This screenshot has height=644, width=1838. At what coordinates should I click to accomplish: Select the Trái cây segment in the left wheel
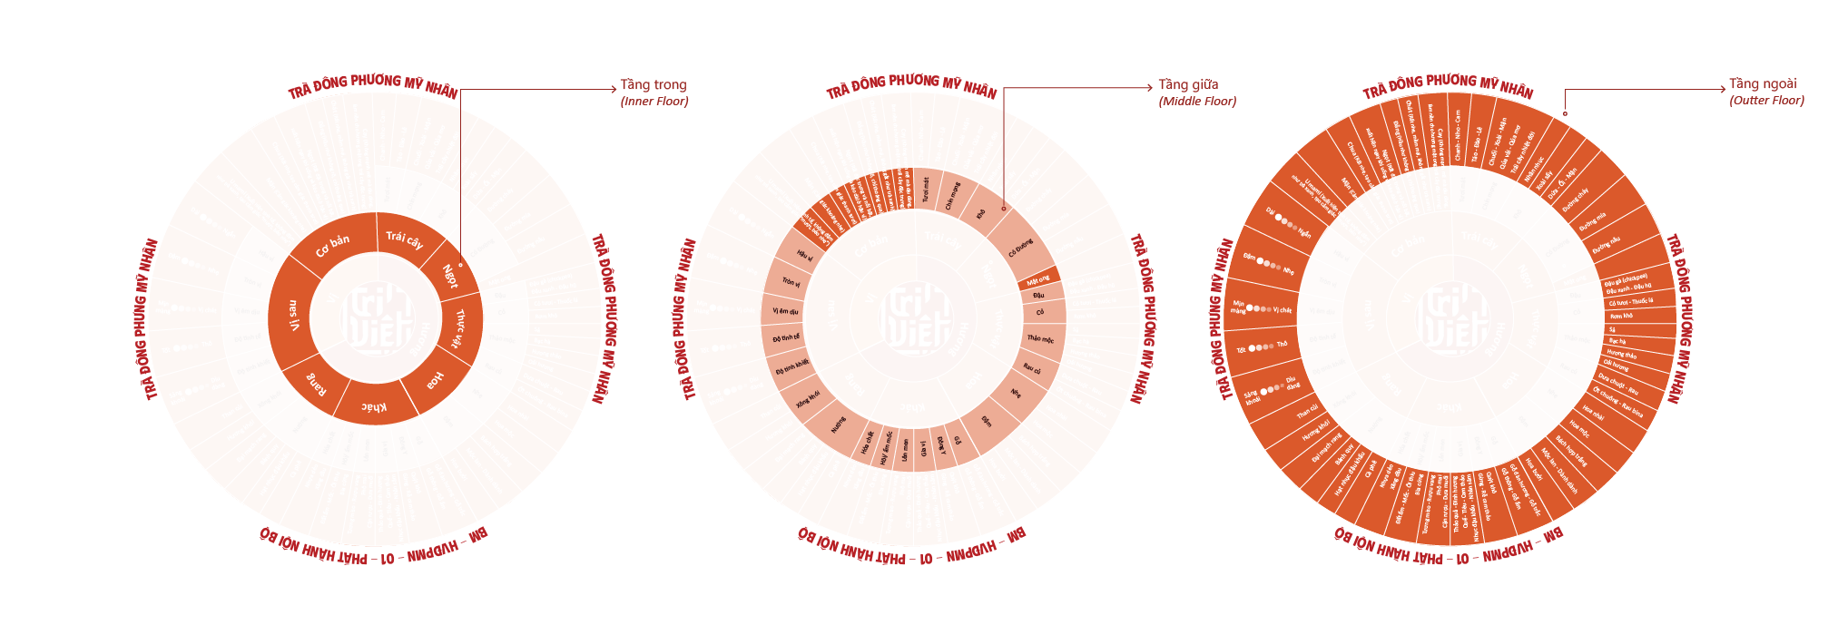coord(405,239)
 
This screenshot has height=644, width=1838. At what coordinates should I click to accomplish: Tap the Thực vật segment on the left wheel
coord(460,328)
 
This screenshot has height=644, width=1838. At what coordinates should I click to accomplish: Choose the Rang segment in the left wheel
coord(316,385)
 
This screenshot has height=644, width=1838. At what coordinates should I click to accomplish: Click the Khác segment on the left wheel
coord(374,407)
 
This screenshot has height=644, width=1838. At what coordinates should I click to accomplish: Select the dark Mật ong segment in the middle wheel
coord(1038,278)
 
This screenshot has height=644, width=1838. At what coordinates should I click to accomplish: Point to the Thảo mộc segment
coord(1040,339)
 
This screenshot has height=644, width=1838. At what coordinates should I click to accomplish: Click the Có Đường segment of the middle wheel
coord(1020,247)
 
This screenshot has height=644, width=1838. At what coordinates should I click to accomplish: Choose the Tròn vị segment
coord(790,282)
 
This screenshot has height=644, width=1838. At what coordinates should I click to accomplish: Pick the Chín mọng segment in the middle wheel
coord(951,195)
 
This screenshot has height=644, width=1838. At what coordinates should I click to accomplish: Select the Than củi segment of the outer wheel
coord(1306,411)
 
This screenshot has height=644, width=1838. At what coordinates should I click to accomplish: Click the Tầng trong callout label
coord(654,84)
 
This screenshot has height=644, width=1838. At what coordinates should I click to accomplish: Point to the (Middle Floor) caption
coord(1197,102)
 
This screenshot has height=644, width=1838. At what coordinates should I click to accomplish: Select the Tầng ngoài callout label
coord(1763,83)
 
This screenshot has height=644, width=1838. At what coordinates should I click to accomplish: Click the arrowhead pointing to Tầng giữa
coord(1149,88)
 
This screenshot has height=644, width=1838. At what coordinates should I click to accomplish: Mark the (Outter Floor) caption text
coord(1766,101)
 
